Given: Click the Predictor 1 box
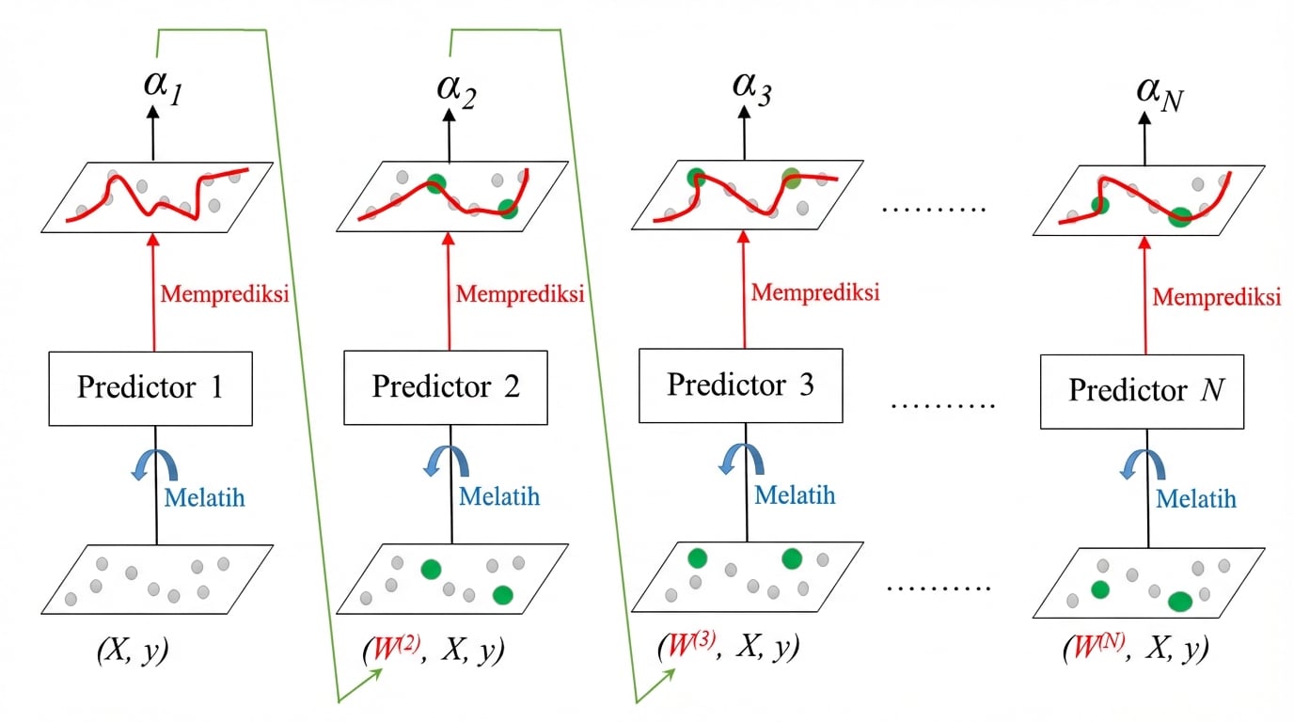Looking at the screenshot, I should pos(150,387).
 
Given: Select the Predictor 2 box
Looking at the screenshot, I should pos(446,386).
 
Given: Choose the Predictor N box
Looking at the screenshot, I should pos(1142,390).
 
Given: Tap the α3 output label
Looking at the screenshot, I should pos(752,91).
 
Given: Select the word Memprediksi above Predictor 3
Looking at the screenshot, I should pos(815,292).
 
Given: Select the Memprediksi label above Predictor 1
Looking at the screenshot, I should pos(224,292).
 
